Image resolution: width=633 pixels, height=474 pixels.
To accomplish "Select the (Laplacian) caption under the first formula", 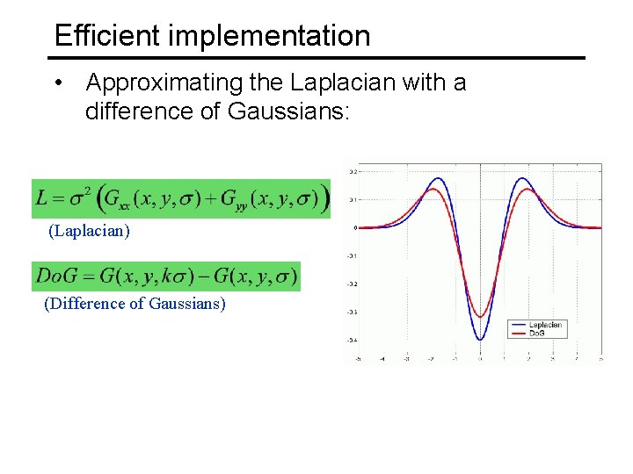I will tap(89, 231).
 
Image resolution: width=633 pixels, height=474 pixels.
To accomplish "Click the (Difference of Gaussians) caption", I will tap(135, 304).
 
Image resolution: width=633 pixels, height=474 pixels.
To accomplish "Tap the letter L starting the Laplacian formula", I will tap(42, 199).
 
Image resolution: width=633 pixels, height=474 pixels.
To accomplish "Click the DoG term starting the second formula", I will tap(55, 276).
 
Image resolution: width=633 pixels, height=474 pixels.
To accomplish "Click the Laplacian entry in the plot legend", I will tap(544, 325).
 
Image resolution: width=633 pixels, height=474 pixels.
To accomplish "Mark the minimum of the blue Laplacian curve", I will tap(480, 340).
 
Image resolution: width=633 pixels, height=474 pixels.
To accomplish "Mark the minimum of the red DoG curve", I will tap(480, 317).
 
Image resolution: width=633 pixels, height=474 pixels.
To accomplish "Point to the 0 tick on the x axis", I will tap(480, 359).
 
